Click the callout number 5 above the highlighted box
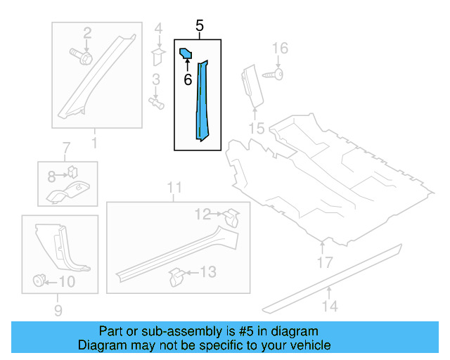tap(200, 27)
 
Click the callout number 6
tap(188, 80)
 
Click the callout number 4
tap(158, 29)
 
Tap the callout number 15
tap(256, 128)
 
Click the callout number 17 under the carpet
tap(323, 263)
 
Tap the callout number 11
tap(174, 187)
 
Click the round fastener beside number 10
tap(37, 282)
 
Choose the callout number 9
tap(58, 310)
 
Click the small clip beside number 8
tap(72, 171)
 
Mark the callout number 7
tap(66, 148)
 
